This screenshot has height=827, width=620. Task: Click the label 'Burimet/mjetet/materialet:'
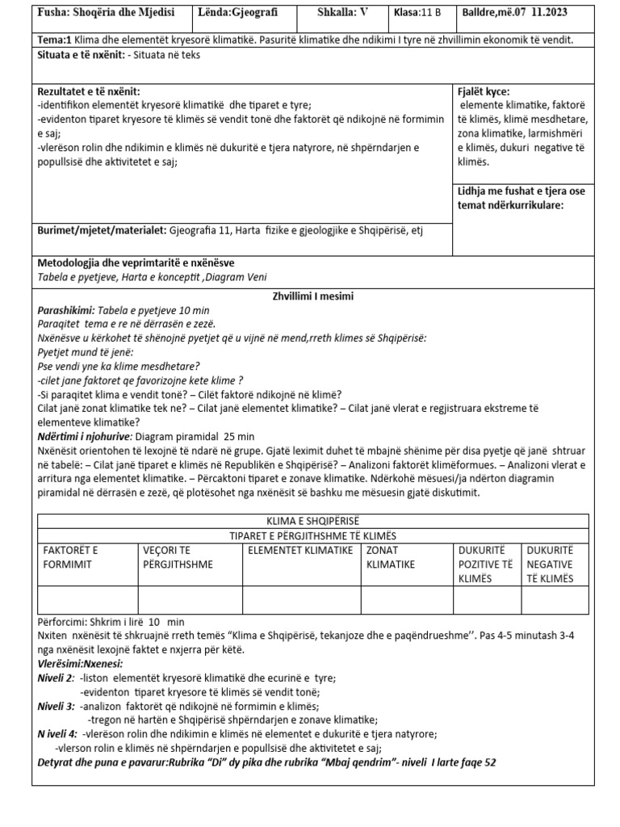102,230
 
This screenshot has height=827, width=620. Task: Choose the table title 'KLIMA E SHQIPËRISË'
313,522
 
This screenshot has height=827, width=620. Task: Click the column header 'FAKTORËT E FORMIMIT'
70,557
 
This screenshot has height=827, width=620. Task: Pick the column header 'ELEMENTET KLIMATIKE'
301,550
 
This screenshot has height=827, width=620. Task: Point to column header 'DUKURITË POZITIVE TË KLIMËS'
485,564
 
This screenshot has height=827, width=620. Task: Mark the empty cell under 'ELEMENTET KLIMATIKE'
301,600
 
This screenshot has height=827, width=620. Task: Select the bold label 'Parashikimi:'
66,310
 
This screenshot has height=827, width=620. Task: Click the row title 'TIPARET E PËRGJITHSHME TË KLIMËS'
313,536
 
